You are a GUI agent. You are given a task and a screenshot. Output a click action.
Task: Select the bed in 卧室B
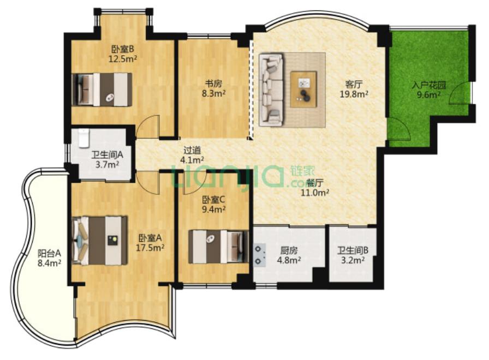102,89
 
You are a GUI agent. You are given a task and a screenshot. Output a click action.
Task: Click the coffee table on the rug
303,89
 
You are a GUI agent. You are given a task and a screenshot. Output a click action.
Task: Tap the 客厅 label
354,84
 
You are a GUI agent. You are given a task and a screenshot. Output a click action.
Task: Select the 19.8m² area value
354,94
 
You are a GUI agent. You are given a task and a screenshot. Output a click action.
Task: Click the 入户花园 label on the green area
429,85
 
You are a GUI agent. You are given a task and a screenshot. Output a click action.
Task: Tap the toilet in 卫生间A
84,138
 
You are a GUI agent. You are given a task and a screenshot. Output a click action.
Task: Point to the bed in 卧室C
219,247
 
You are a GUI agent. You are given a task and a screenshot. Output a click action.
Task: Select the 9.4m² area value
213,209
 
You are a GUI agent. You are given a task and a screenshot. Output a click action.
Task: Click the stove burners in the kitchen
259,255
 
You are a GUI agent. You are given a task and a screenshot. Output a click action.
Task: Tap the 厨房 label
289,250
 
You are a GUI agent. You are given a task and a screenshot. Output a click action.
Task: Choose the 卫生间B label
353,250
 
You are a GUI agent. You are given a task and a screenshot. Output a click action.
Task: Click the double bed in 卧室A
100,241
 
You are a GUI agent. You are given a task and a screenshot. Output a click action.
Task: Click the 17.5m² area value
150,248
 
